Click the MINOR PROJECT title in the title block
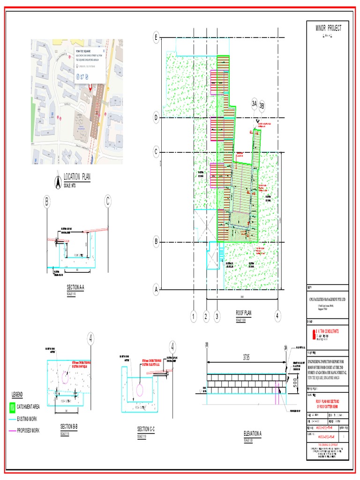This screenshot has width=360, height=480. [x=328, y=29]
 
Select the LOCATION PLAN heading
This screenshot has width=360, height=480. [x=77, y=177]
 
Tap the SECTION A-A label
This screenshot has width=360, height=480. [x=75, y=288]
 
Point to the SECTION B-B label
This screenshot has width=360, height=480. [x=68, y=427]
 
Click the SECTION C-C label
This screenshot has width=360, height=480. [x=146, y=429]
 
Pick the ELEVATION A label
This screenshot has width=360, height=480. [x=252, y=434]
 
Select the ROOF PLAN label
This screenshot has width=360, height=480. [x=243, y=313]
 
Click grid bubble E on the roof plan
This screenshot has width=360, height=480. [x=156, y=37]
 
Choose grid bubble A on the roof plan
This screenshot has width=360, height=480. [x=156, y=289]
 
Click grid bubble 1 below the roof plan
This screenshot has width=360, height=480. [x=193, y=317]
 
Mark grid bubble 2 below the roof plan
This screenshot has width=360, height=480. [x=206, y=317]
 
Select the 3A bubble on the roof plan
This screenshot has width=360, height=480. [x=255, y=104]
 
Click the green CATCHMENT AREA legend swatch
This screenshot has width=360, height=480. [x=12, y=407]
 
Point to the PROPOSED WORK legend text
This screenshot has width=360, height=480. [x=28, y=430]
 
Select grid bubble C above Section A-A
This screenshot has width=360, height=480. [x=108, y=202]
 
